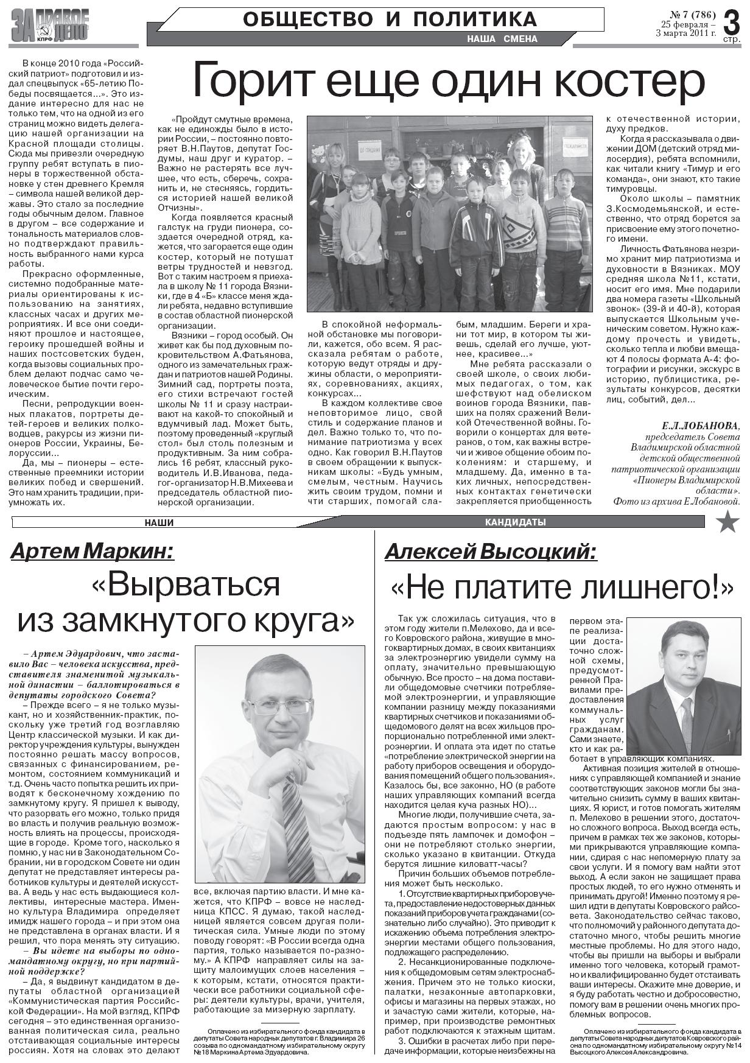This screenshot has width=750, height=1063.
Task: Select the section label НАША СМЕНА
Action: pos(502,39)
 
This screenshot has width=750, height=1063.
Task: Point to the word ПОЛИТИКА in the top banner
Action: pos(475,19)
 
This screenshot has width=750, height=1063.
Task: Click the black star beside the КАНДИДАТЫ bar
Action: pos(727,522)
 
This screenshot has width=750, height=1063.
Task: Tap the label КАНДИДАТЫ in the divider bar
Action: pos(515,522)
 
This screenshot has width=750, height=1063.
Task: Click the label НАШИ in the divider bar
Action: pos(159,522)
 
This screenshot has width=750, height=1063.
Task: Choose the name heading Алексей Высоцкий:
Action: pos(491,552)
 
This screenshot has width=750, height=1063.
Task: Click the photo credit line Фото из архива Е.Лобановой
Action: pos(677,502)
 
